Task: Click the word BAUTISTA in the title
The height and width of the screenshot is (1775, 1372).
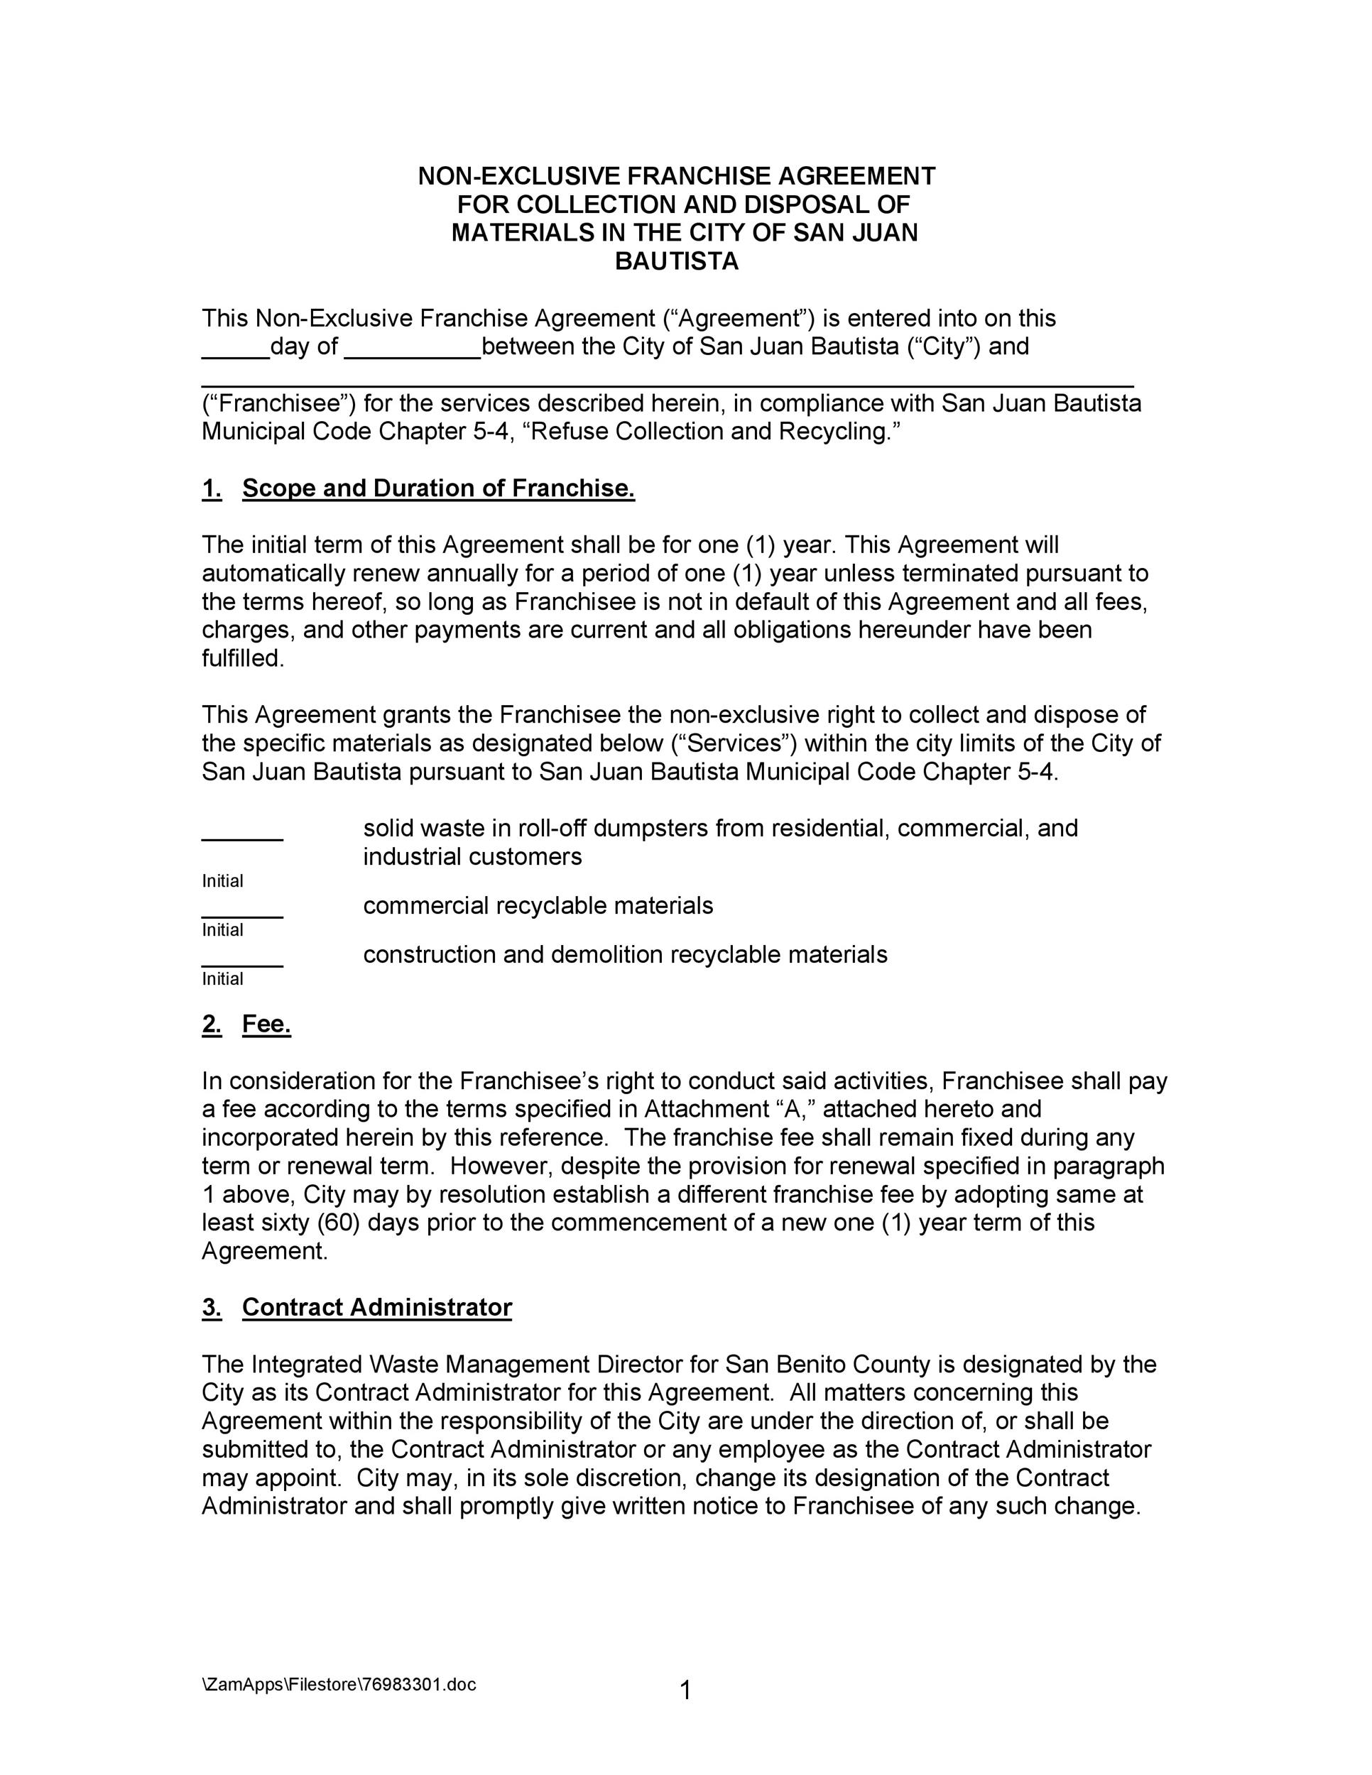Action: click(x=676, y=262)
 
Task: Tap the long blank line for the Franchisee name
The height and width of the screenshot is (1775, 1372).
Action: click(x=667, y=384)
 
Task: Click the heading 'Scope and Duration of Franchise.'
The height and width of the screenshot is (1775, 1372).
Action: click(x=438, y=488)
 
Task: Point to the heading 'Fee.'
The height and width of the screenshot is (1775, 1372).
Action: click(x=266, y=1025)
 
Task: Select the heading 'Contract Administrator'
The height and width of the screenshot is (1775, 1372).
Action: click(x=376, y=1308)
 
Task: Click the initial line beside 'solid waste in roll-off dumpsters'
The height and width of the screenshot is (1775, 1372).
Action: click(x=242, y=837)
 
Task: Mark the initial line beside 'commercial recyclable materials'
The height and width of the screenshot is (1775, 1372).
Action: click(x=242, y=915)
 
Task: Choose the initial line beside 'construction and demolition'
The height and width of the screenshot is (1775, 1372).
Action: click(x=242, y=964)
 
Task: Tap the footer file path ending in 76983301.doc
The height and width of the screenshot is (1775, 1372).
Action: click(x=339, y=1684)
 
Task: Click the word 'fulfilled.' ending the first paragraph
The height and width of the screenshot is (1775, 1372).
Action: click(x=243, y=659)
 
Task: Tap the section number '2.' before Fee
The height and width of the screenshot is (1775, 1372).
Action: click(x=212, y=1025)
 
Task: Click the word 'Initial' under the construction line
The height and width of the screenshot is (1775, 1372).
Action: click(x=223, y=979)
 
